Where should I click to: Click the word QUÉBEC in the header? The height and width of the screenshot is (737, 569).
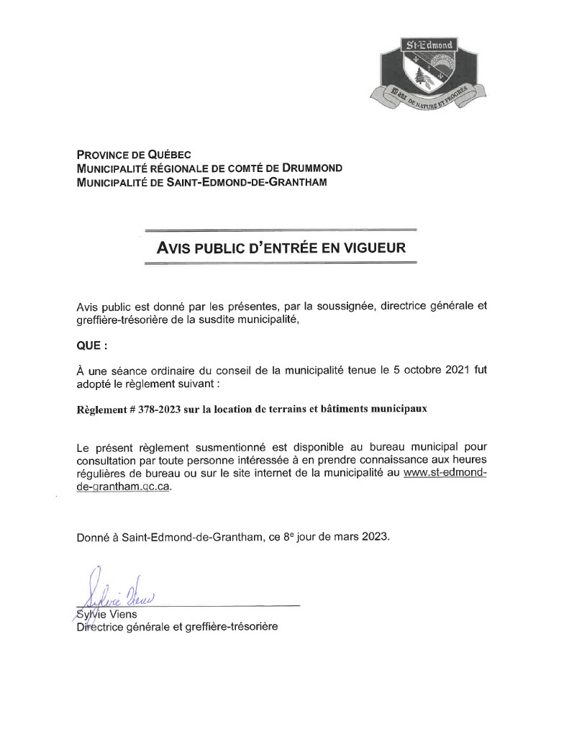pyautogui.click(x=169, y=154)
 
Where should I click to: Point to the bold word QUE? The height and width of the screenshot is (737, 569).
pyautogui.click(x=89, y=345)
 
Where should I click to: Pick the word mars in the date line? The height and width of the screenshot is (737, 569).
pyautogui.click(x=343, y=537)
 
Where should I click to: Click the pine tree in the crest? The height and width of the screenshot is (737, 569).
pyautogui.click(x=421, y=74)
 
